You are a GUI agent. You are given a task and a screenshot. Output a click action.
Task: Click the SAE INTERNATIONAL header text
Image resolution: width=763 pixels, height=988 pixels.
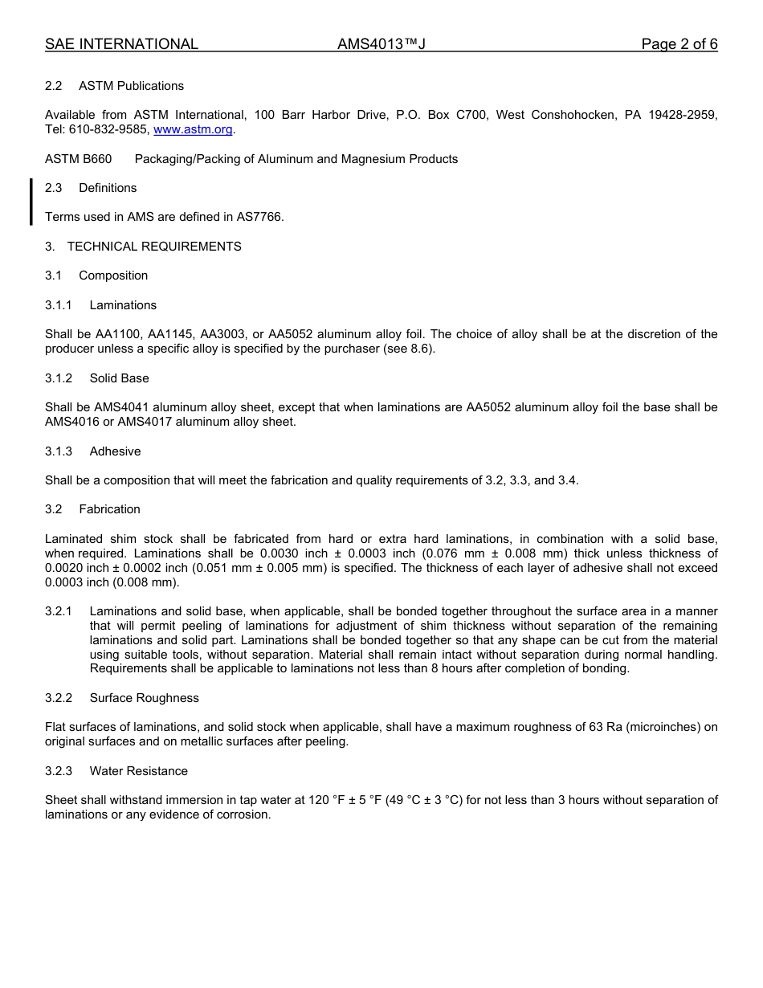[121, 44]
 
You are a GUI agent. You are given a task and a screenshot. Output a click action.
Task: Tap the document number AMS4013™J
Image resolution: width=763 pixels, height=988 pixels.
[381, 44]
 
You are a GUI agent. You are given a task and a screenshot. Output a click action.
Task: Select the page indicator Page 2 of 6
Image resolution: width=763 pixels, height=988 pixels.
[679, 44]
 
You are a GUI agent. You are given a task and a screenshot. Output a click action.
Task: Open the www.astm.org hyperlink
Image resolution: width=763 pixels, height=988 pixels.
[193, 129]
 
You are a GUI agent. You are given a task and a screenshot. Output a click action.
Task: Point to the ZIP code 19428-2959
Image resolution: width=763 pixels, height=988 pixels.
[682, 115]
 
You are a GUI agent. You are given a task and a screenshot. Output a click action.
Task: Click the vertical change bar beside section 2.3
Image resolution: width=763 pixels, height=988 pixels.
[31, 202]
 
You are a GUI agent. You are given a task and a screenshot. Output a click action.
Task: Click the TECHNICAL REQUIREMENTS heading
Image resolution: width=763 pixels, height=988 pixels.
[154, 247]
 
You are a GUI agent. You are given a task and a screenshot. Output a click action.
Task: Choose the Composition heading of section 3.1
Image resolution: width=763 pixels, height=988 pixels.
[113, 276]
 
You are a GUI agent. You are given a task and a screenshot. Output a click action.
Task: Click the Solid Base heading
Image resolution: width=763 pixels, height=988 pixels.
[119, 378]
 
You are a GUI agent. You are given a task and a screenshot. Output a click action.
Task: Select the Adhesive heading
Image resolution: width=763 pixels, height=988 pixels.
[115, 451]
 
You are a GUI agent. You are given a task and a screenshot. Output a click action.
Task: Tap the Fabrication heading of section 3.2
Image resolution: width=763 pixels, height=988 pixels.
[109, 509]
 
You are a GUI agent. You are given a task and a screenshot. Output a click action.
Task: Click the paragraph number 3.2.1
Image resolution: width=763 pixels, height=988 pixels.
[59, 611]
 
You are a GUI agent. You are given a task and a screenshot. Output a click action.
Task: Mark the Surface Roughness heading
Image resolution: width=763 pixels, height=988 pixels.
[144, 698]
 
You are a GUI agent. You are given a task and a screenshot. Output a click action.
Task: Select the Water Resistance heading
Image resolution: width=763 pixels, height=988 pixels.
[138, 771]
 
